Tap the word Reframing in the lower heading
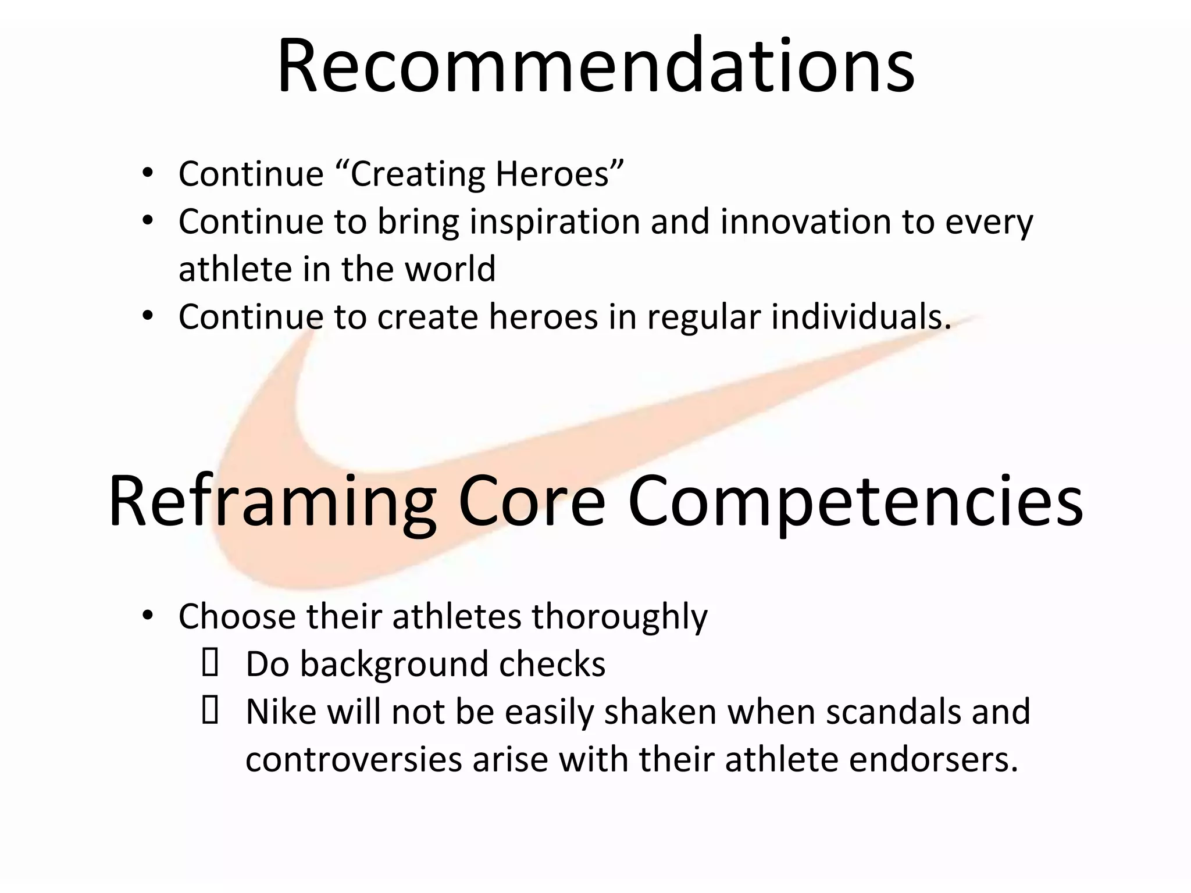(272, 501)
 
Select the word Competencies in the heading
(855, 501)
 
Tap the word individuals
(861, 317)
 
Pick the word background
(394, 665)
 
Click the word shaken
(661, 712)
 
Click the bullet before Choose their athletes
(148, 616)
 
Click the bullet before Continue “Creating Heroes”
(148, 173)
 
